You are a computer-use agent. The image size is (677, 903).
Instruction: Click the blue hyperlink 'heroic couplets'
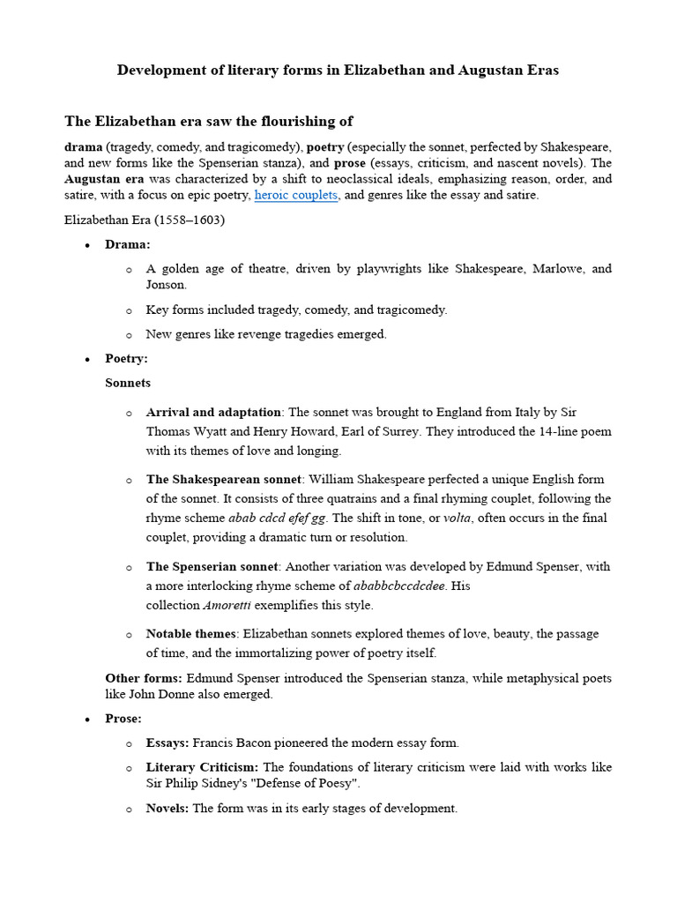(x=295, y=195)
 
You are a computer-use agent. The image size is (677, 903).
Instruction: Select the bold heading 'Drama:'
(x=128, y=243)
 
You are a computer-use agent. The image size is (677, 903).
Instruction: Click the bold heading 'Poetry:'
(x=127, y=359)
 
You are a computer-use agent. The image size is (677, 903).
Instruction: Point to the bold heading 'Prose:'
(x=123, y=719)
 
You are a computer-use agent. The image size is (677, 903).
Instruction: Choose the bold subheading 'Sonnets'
(x=128, y=383)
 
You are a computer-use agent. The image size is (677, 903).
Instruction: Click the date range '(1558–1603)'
(x=193, y=220)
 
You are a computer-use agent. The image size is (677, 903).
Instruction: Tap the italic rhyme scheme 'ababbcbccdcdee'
(x=398, y=586)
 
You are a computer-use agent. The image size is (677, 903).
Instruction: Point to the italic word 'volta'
(x=457, y=518)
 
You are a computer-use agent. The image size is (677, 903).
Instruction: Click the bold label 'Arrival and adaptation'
(x=213, y=412)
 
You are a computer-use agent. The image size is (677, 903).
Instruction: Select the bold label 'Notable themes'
(x=191, y=634)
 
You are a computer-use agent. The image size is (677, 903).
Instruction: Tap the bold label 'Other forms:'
(x=144, y=677)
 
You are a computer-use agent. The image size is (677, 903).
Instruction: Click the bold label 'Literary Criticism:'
(x=203, y=767)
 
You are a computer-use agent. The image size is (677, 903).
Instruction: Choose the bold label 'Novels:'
(x=167, y=808)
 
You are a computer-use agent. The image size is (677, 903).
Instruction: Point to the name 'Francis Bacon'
(x=232, y=743)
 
